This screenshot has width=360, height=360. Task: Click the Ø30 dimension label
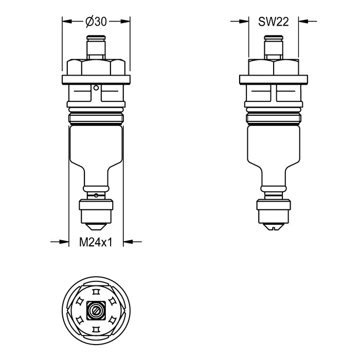(96, 22)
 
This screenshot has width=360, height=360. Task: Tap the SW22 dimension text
(273, 22)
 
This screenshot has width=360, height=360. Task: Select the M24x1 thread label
(96, 242)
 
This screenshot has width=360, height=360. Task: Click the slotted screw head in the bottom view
(96, 311)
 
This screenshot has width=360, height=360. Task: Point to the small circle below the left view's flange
(96, 88)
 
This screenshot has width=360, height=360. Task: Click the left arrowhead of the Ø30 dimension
(67, 22)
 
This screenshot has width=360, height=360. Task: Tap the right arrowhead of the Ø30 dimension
(125, 22)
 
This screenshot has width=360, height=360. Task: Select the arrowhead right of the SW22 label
(303, 22)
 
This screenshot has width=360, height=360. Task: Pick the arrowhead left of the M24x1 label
(64, 242)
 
